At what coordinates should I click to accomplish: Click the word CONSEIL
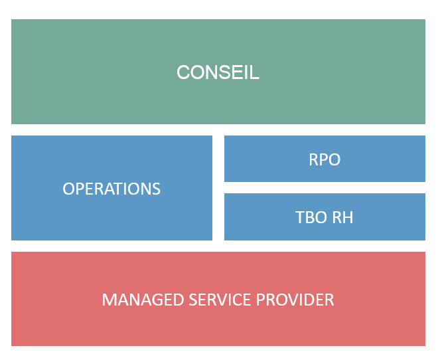click(218, 72)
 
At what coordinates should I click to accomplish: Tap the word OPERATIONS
click(111, 189)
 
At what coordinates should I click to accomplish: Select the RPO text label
click(325, 159)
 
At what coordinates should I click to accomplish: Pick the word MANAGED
click(143, 300)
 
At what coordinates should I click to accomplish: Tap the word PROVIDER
click(295, 300)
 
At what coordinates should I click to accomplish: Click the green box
click(218, 72)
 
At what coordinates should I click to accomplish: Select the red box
click(218, 299)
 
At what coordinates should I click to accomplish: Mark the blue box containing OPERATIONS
click(111, 188)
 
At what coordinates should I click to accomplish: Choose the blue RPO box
click(325, 159)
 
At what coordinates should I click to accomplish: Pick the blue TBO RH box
click(325, 217)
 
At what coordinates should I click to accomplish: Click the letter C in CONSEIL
click(184, 72)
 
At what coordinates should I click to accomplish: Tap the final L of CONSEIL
click(255, 72)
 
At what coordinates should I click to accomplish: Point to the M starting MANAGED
click(109, 300)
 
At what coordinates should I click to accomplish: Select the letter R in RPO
click(313, 159)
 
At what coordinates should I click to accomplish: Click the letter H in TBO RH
click(348, 217)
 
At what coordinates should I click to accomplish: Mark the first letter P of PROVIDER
click(261, 300)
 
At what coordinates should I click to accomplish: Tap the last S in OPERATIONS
click(156, 189)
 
